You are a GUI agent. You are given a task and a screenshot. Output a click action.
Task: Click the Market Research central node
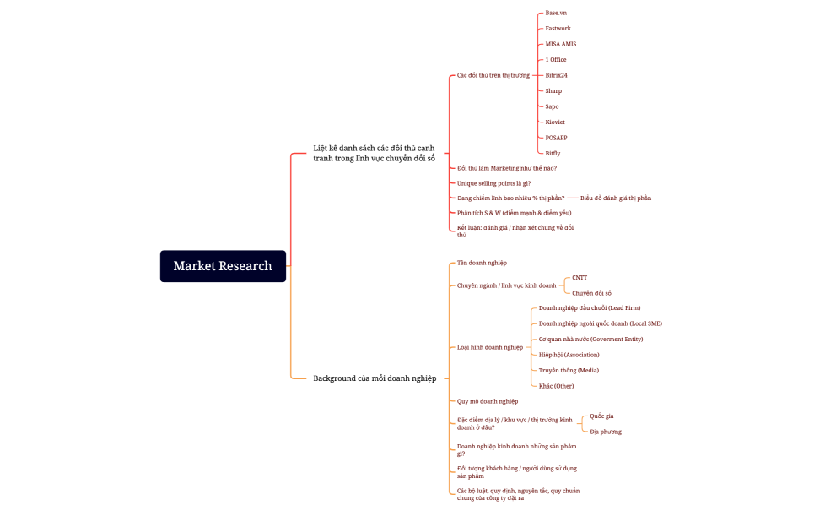(223, 266)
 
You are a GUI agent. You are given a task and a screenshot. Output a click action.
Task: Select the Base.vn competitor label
(556, 13)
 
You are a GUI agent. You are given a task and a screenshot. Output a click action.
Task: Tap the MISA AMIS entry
(560, 44)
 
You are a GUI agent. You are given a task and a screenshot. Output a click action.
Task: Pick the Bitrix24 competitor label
(556, 75)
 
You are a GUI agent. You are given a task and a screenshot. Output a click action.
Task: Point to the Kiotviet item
(555, 122)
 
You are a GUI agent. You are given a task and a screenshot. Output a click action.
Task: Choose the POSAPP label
(556, 138)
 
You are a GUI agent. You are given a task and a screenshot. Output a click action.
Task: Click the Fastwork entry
(558, 29)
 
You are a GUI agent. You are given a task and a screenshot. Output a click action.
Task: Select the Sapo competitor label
(552, 106)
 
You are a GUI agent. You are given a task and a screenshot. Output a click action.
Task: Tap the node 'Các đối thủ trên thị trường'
(493, 75)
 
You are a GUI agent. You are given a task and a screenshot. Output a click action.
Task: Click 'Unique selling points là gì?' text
(493, 183)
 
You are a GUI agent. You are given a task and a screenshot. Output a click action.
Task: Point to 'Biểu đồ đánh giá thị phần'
(616, 198)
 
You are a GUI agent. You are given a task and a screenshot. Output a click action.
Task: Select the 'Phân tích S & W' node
(514, 213)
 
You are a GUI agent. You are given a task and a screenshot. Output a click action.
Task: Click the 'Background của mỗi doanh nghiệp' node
(375, 378)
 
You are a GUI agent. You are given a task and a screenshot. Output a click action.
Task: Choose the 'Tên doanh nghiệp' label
(482, 263)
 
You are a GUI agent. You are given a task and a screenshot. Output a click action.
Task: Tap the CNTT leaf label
(580, 278)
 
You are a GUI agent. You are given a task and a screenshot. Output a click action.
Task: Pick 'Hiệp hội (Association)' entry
(569, 355)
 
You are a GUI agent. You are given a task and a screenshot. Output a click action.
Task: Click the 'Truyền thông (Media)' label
(569, 370)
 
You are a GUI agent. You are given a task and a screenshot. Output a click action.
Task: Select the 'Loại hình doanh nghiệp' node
(490, 347)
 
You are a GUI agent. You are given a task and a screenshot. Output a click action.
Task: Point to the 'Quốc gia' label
(601, 416)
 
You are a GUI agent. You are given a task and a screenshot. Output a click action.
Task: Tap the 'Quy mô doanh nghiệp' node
(488, 401)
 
